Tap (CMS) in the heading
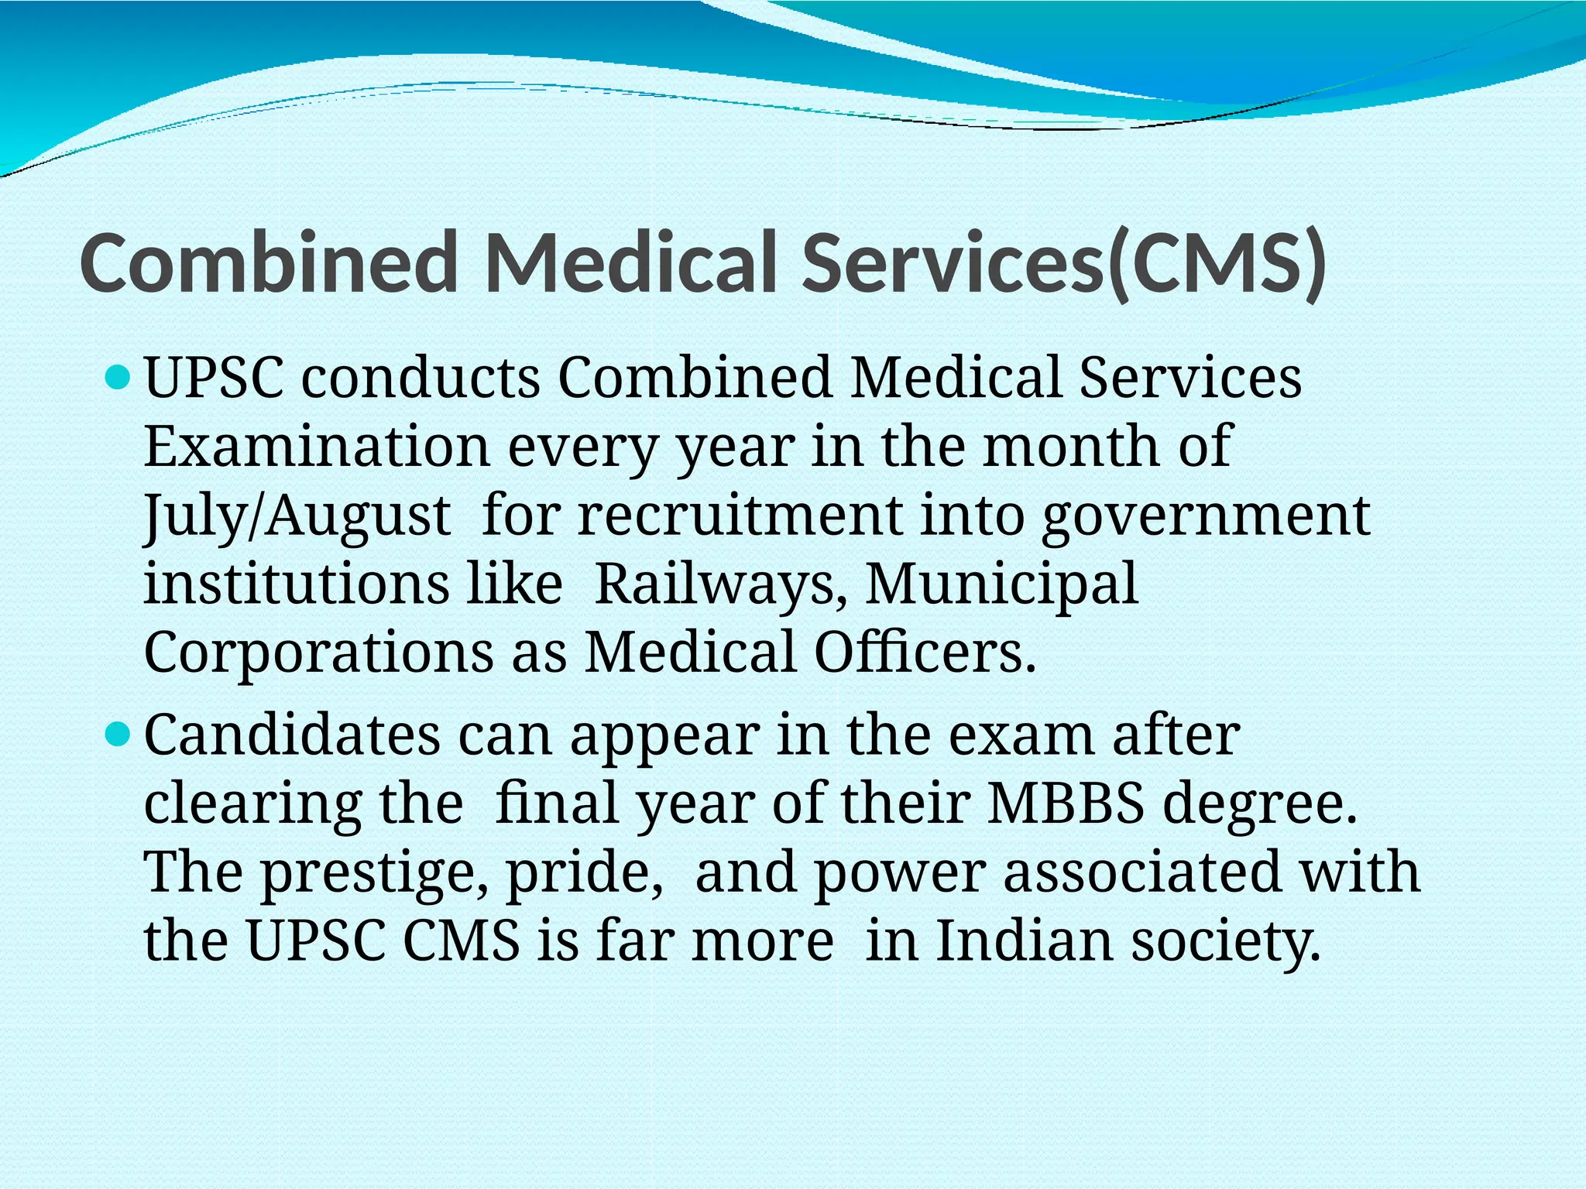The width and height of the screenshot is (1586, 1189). pyautogui.click(x=1216, y=265)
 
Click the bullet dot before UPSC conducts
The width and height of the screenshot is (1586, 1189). pyautogui.click(x=118, y=379)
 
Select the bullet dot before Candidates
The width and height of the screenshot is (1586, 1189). pyautogui.click(x=118, y=735)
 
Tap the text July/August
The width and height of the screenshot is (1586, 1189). pyautogui.click(x=297, y=516)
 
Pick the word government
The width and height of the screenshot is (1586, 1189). pyautogui.click(x=1206, y=516)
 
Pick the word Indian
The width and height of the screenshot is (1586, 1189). pyautogui.click(x=1024, y=941)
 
